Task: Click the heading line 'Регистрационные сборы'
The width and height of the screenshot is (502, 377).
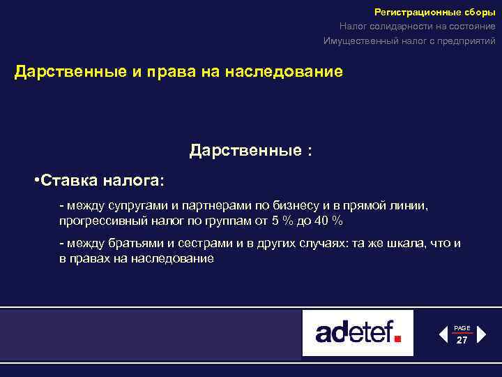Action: [x=435, y=12]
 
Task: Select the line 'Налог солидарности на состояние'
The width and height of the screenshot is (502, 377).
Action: [x=418, y=27]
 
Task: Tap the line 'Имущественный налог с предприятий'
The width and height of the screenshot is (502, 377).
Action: [x=409, y=41]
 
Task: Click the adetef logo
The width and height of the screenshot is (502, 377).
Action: [x=358, y=332]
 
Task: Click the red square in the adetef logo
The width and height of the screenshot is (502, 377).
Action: [x=398, y=338]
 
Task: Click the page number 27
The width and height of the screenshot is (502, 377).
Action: [x=462, y=340]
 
